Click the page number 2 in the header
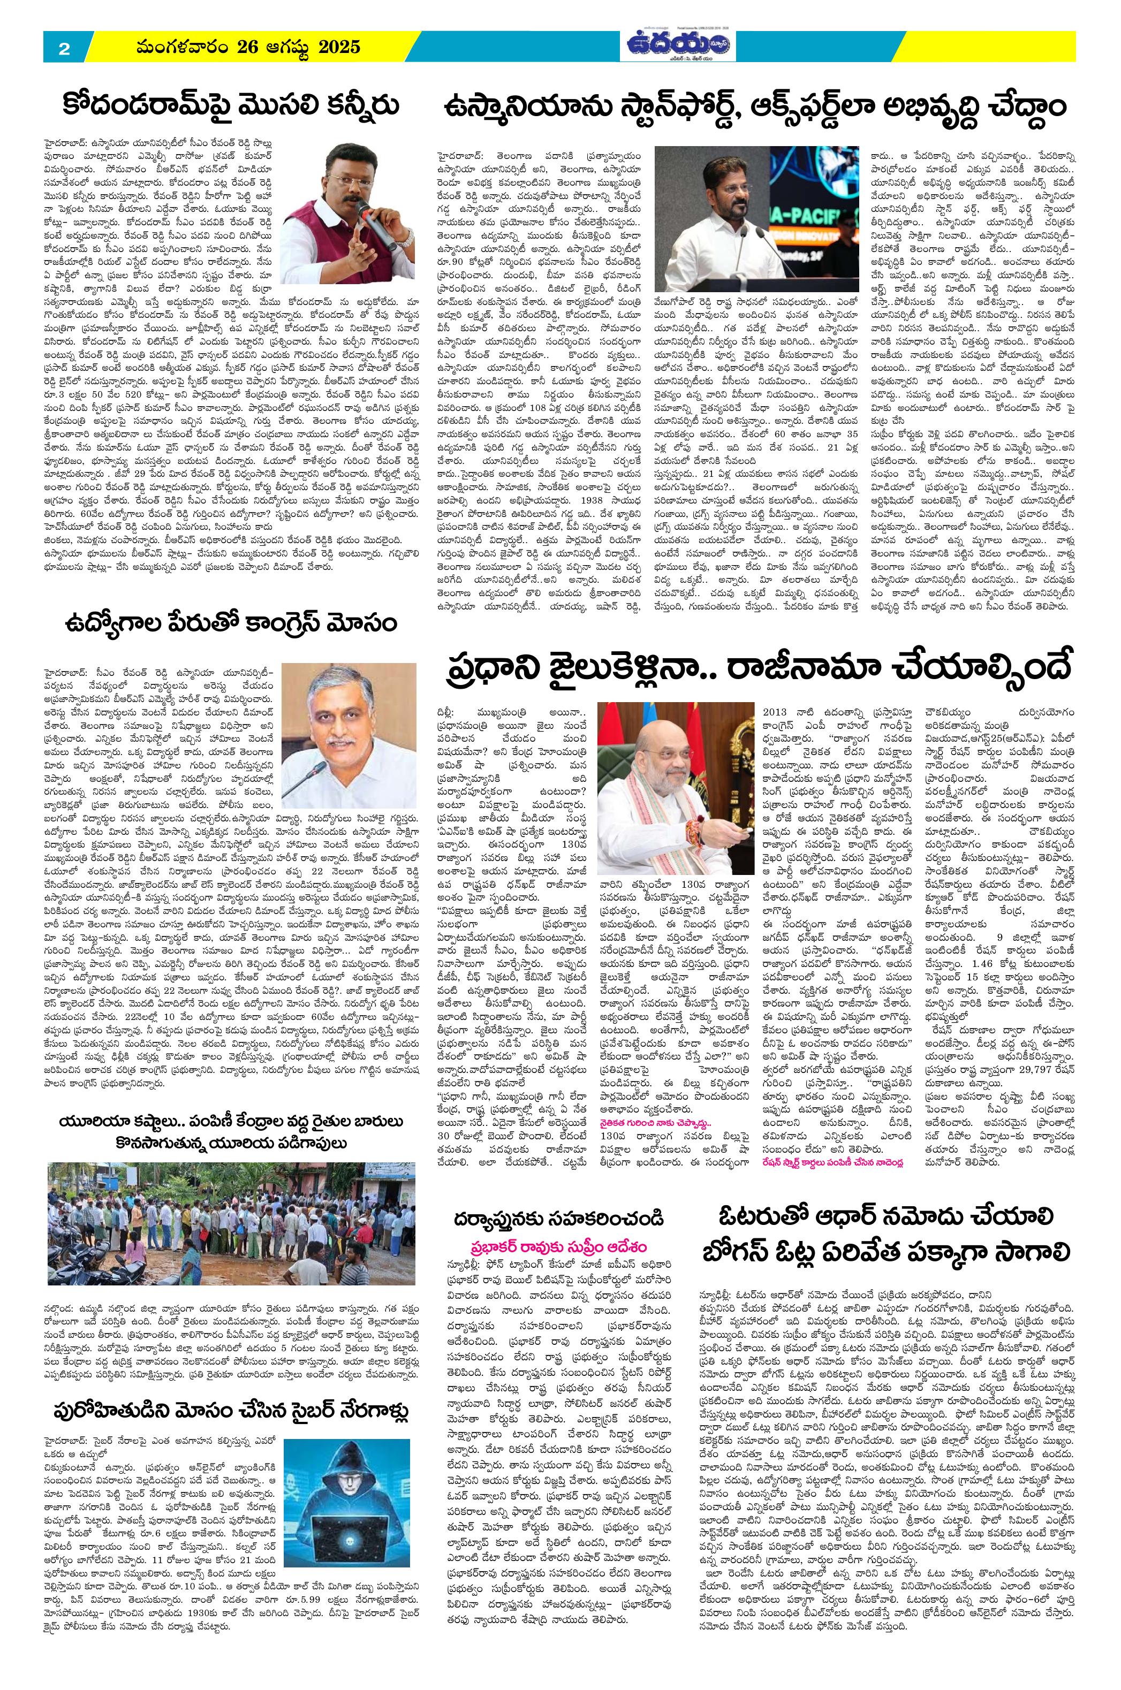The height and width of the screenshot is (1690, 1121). tap(64, 49)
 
